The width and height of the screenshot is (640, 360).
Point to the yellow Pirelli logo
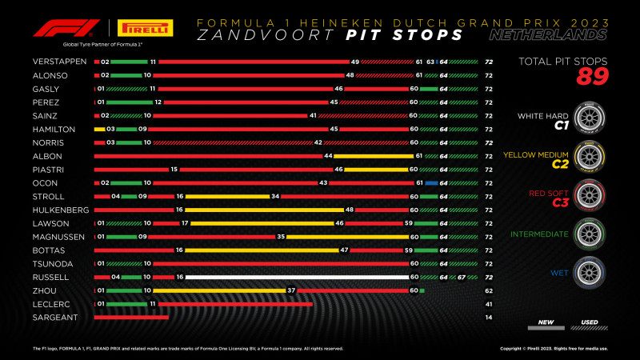(146, 30)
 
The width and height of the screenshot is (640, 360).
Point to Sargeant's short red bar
(130, 318)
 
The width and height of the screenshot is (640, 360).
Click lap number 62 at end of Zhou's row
(488, 291)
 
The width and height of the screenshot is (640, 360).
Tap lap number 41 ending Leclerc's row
(488, 304)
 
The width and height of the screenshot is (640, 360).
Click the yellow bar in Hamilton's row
(99, 129)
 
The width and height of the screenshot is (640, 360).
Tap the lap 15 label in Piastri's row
(174, 170)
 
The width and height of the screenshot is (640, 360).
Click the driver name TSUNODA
(51, 263)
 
